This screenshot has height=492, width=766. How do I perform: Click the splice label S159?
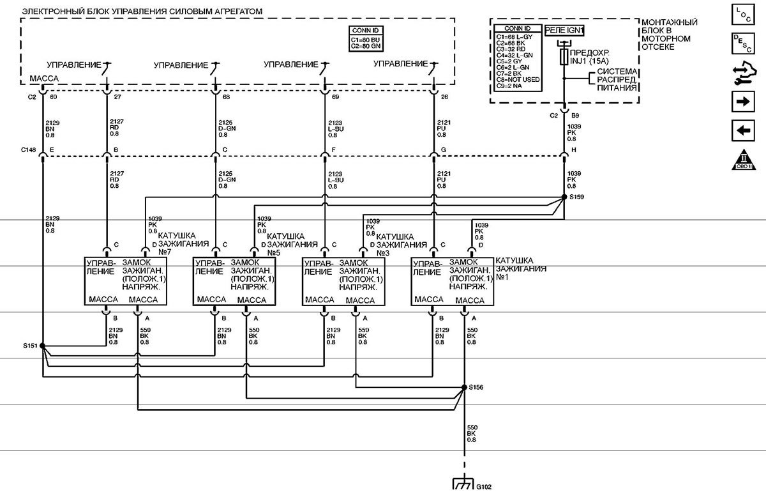(576, 196)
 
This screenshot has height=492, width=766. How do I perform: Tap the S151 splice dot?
(42, 346)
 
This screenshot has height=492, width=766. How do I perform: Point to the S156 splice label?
(476, 387)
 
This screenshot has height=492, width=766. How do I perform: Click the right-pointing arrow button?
(742, 102)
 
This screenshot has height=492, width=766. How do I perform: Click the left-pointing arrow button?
(742, 130)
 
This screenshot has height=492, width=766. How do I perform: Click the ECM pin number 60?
(54, 97)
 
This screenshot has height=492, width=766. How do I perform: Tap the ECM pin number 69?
(335, 97)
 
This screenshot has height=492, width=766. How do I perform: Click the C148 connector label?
(28, 151)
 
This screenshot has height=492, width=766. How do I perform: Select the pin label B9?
(576, 116)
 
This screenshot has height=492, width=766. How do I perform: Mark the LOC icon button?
(742, 13)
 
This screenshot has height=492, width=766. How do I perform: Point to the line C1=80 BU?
(366, 40)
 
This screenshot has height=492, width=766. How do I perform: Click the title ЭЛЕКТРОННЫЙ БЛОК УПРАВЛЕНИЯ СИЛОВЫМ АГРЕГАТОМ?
(142, 12)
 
